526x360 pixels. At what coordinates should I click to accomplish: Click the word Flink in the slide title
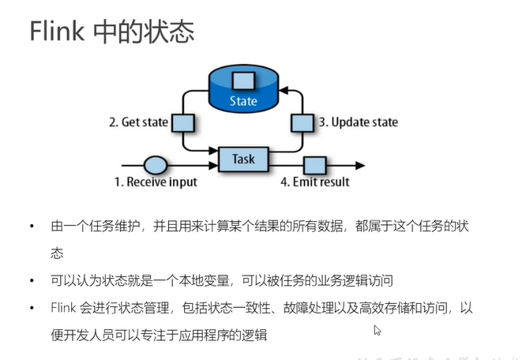57,32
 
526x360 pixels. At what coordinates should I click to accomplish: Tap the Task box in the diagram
243,159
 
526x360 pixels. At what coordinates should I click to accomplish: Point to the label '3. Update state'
358,122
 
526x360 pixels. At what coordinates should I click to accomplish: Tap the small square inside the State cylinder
242,80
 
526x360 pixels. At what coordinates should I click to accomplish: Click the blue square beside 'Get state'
183,122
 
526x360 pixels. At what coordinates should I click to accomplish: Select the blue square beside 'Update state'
302,122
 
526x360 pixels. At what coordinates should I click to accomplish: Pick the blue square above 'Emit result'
315,166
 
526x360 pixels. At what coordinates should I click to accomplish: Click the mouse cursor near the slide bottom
378,331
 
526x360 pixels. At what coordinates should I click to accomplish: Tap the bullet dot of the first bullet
32,227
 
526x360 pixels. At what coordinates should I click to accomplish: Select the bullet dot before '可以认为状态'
32,280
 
